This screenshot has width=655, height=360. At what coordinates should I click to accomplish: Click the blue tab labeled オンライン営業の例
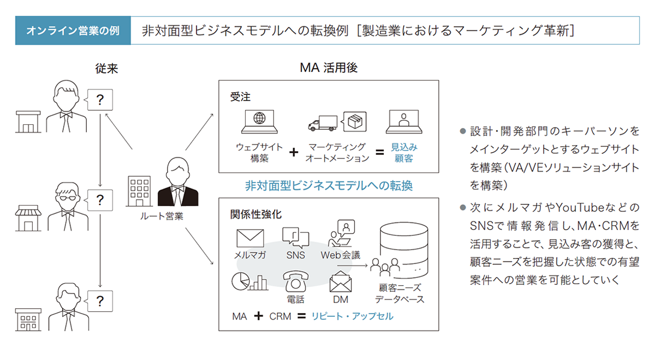73,31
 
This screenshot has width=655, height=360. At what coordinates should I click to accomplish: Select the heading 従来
106,69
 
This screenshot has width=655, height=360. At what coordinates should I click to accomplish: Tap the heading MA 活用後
329,68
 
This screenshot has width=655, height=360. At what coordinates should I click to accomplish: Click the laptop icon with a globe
259,122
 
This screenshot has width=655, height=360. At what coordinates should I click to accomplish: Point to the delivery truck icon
323,124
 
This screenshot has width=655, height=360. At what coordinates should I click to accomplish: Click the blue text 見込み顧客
404,153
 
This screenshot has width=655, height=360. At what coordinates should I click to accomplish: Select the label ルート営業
162,216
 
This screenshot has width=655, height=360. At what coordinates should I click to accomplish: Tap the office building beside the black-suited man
139,191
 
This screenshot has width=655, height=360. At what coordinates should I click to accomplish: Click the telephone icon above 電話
295,281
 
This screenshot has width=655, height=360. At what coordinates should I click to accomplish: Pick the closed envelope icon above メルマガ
250,238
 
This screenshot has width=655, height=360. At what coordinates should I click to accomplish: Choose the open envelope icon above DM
341,281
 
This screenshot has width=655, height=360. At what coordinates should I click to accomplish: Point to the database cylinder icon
404,250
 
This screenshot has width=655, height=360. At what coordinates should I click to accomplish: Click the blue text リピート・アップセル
353,316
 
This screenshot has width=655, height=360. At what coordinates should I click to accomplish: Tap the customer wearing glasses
68,206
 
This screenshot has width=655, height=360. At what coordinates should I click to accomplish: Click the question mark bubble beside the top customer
100,100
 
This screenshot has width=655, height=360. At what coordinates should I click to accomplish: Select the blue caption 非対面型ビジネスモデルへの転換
329,186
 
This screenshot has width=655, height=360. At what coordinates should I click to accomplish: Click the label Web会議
341,255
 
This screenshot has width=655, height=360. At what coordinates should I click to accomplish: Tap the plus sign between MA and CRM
258,316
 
